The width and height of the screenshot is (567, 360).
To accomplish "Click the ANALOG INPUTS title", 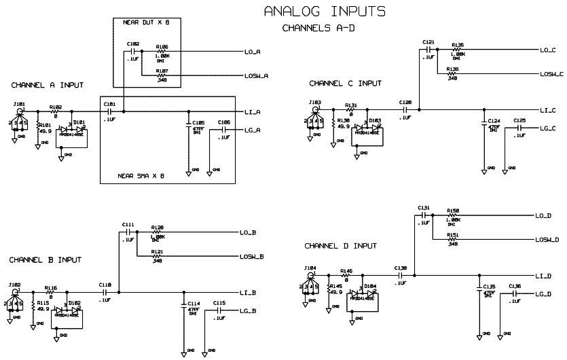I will pos(325,12).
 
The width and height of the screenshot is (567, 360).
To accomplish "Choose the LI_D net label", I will pos(543,276).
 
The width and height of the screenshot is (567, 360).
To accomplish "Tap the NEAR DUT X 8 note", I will pos(146,23).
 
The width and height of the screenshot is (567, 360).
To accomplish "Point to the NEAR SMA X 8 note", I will pos(141,175).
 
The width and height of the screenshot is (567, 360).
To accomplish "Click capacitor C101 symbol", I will pos(109,111).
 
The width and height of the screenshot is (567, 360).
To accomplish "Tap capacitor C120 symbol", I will pos(406,109).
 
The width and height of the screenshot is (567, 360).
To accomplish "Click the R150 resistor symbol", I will pos(454,215).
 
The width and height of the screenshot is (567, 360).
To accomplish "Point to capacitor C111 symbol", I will pos(128,232).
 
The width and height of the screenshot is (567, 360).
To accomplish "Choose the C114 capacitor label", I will pos(194,304).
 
